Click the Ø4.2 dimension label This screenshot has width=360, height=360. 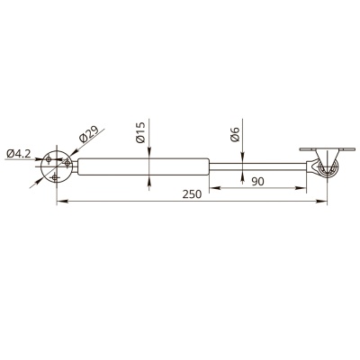[x=18, y=154]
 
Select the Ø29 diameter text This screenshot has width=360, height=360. [x=89, y=134]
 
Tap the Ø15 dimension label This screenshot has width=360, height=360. [x=140, y=132]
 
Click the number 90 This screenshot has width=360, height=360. [x=257, y=182]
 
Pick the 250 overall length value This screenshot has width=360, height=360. [x=192, y=194]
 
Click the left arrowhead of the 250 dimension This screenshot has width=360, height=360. [x=61, y=202]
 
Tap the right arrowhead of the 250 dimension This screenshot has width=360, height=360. [x=322, y=202]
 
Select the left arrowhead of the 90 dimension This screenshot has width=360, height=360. [x=214, y=188]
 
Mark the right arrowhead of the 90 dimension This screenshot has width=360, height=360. [x=301, y=188]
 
